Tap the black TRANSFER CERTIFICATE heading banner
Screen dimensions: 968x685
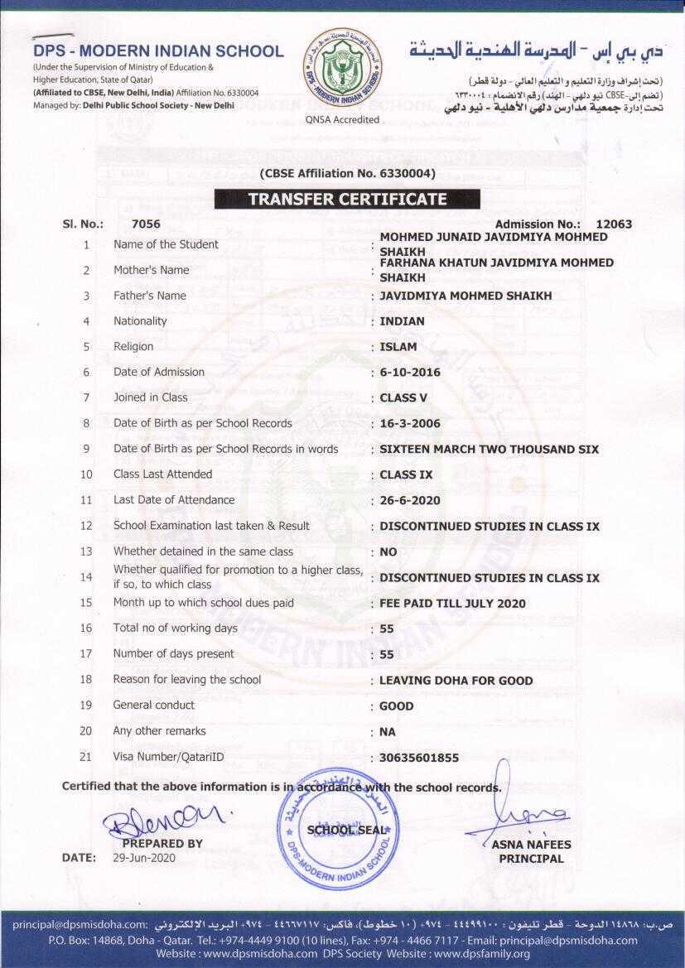(347, 200)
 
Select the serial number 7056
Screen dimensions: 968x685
(146, 224)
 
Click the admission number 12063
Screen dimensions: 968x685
(614, 224)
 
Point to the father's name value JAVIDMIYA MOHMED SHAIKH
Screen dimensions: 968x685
(466, 296)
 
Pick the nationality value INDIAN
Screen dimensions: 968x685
(402, 321)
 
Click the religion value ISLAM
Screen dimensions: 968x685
(398, 347)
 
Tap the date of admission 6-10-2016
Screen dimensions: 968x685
(410, 373)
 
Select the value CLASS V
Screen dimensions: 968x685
(403, 398)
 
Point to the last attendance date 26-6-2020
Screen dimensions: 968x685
(410, 500)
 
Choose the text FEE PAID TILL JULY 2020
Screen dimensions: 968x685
(452, 604)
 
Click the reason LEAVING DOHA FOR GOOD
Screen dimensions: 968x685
(456, 681)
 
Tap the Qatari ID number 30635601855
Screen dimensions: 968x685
(418, 758)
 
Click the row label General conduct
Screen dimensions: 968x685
(154, 705)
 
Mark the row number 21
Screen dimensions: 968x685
(85, 757)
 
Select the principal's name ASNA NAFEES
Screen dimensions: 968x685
(531, 845)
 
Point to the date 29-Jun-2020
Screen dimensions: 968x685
(144, 858)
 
